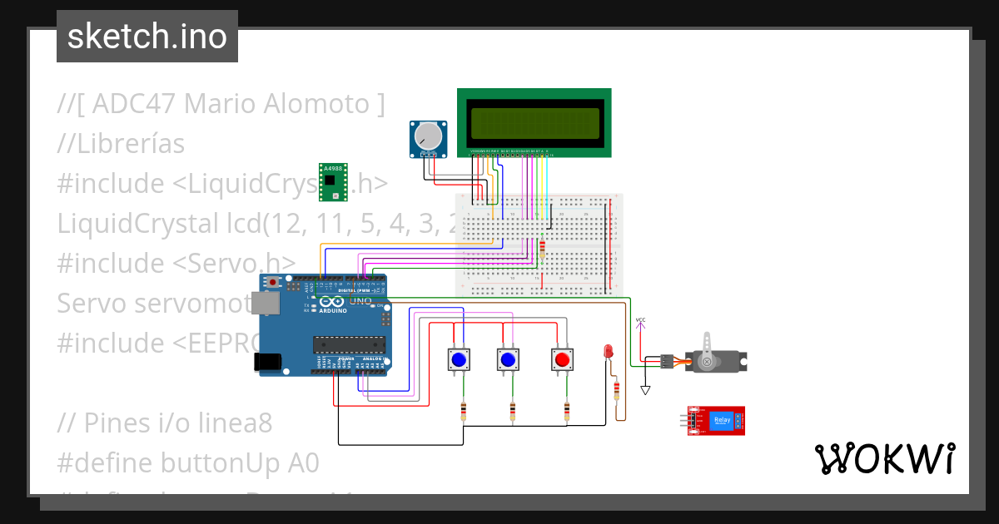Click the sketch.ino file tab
[x=147, y=37]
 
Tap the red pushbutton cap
[x=562, y=359]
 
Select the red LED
[x=608, y=351]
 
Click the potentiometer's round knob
[x=429, y=136]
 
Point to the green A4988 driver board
[x=333, y=182]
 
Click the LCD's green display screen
[x=534, y=123]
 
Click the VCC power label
[x=640, y=319]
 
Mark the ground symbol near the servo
[x=645, y=389]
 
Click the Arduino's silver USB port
[x=268, y=304]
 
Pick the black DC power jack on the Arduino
[x=267, y=361]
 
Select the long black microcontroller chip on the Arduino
[x=349, y=344]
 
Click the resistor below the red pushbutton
[x=567, y=411]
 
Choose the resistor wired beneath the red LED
[x=616, y=391]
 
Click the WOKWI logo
[x=884, y=458]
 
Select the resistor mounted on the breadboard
[x=543, y=247]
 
